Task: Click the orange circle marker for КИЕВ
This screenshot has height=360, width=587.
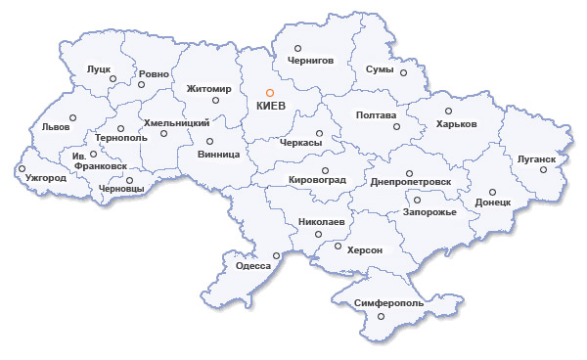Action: click(256, 93)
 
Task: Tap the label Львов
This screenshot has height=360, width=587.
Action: click(56, 127)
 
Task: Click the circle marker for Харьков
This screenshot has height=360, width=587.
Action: click(449, 111)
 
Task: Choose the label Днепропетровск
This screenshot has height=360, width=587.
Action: click(411, 181)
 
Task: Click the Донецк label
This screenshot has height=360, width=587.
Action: click(493, 202)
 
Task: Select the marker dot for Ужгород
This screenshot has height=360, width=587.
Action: click(21, 168)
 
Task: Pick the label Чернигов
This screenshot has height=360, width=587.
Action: click(311, 60)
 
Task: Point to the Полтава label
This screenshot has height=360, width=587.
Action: click(377, 114)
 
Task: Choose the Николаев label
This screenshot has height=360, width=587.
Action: click(322, 222)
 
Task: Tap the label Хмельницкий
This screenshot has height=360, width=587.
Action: click(177, 123)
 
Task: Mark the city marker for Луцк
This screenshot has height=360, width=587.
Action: click(113, 78)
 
